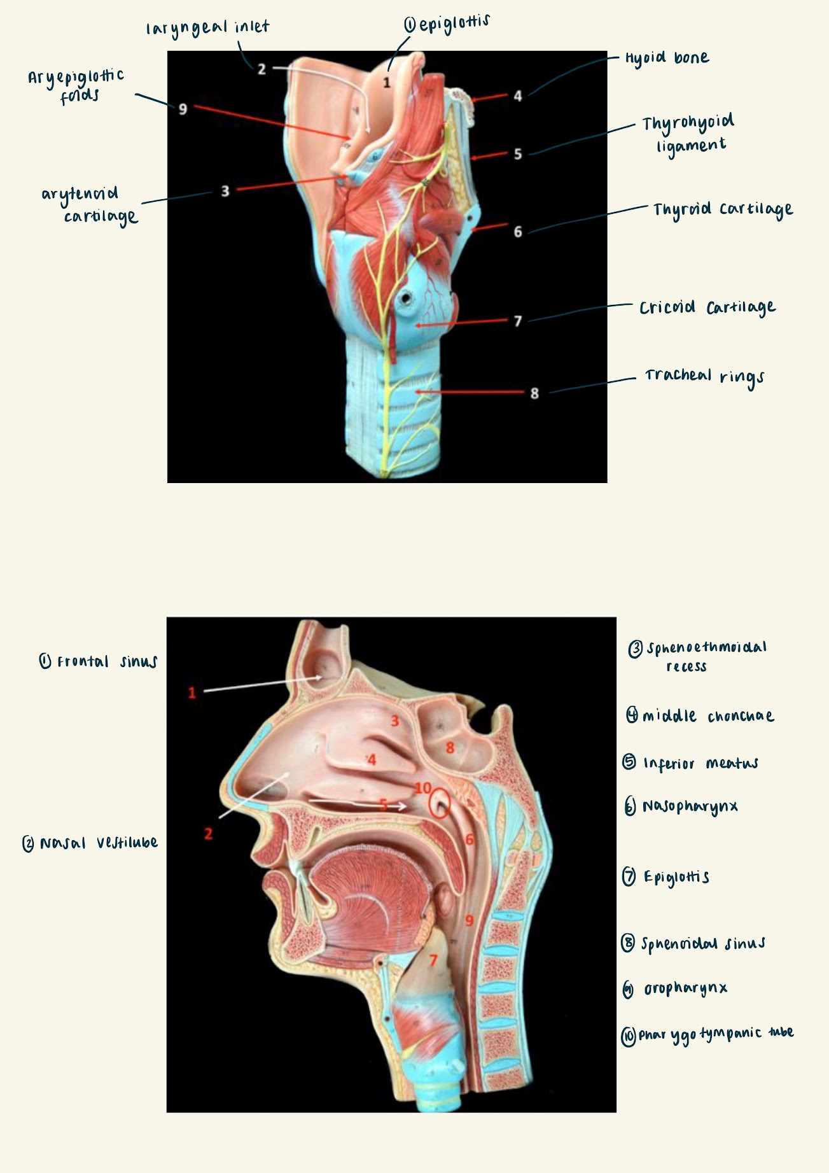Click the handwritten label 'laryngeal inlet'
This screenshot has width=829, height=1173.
208,28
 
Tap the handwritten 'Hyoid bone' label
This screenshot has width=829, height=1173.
666,58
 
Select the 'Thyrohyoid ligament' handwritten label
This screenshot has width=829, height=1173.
688,134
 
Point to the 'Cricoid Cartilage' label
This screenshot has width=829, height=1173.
707,308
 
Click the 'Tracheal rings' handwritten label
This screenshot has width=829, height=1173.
704,376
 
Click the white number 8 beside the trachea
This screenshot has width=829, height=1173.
534,393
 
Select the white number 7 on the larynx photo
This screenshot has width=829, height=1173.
518,321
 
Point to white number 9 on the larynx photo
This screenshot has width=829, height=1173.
183,109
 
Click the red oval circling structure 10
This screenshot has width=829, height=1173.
439,804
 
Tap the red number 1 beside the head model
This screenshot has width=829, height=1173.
192,692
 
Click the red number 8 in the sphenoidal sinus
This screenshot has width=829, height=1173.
450,747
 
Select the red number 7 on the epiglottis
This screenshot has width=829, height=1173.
434,960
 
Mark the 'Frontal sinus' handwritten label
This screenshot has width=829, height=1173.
99,662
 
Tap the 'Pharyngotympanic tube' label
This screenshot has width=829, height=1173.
707,1034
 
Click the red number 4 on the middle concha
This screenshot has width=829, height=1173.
372,759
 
